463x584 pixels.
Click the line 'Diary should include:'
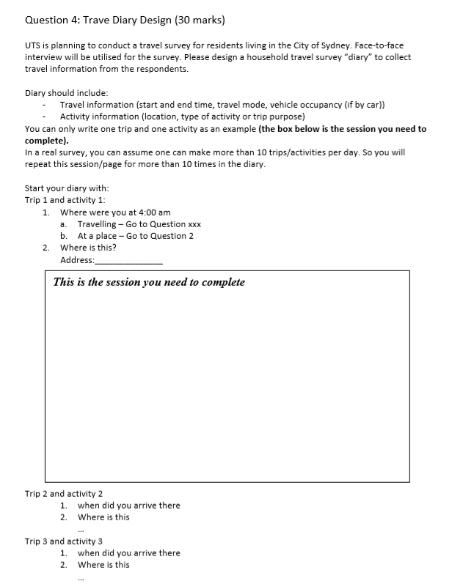[x=67, y=93]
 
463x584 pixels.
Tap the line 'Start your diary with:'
[x=68, y=188]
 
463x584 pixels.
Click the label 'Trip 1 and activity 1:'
[x=65, y=200]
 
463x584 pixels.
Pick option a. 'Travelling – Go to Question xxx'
[x=139, y=224]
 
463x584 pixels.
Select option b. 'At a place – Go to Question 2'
[x=136, y=236]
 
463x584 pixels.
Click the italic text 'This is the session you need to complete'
[x=149, y=282]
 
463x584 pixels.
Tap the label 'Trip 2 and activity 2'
[x=64, y=493]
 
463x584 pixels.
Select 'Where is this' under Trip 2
[x=103, y=517]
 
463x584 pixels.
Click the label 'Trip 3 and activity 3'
[x=64, y=541]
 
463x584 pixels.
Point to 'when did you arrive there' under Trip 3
[x=128, y=553]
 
